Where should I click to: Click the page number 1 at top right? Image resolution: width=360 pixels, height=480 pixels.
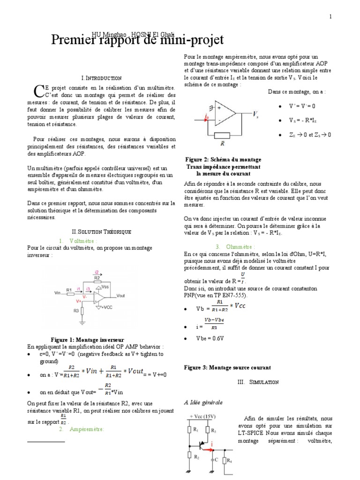point(330,16)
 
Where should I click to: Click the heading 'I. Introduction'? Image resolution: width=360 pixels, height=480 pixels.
point(101,78)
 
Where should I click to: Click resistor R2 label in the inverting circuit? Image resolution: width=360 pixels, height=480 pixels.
point(97,278)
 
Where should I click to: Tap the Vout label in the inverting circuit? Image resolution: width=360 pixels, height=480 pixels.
point(121,296)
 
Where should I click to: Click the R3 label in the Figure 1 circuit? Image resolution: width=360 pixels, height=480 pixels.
point(75,310)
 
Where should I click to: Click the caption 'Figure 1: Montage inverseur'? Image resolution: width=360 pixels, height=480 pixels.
point(87,339)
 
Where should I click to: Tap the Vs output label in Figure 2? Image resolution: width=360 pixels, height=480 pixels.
point(255,114)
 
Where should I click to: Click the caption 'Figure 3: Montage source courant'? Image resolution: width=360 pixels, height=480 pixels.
point(227,367)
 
